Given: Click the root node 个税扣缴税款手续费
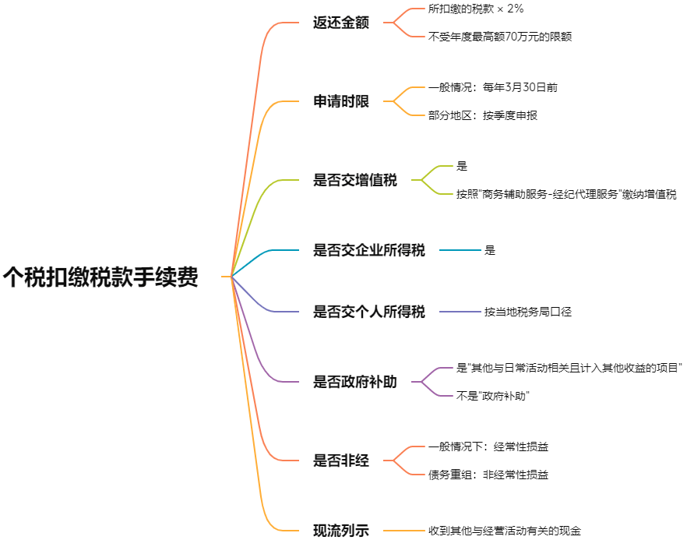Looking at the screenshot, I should [x=100, y=277].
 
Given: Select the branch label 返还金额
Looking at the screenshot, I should [x=340, y=23].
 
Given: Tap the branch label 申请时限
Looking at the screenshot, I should [x=340, y=101].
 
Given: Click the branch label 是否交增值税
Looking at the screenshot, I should [x=354, y=180].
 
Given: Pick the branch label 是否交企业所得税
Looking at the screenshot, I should [x=368, y=250].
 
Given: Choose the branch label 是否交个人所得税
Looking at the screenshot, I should [x=368, y=312].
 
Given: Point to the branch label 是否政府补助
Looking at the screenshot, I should [x=354, y=382].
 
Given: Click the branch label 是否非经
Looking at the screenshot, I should [x=340, y=461].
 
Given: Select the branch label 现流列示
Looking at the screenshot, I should [x=340, y=531].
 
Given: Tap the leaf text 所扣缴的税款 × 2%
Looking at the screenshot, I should [x=475, y=9].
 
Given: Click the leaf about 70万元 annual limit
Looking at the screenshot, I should [x=500, y=36].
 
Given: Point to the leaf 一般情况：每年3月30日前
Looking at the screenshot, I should [x=492, y=88].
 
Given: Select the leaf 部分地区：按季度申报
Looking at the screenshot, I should [x=482, y=115].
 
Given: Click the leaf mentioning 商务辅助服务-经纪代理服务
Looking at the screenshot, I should [x=566, y=194].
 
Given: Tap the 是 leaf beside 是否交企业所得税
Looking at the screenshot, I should [x=489, y=250].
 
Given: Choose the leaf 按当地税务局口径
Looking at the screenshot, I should [x=527, y=312].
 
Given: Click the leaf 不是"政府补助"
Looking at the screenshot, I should [x=492, y=396].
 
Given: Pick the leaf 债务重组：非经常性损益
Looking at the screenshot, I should [x=488, y=475].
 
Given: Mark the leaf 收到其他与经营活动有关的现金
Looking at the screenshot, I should [x=505, y=531].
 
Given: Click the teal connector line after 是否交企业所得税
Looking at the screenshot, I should [x=460, y=250].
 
